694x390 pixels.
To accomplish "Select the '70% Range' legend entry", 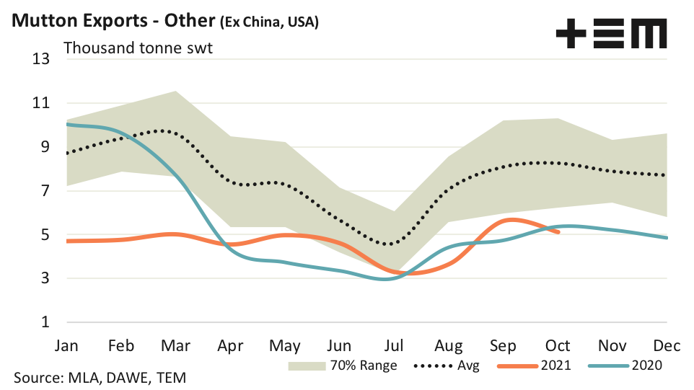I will point(343,365).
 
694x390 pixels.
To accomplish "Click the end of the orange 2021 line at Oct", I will point(557,232).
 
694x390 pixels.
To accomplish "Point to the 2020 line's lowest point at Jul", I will point(387,278).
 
